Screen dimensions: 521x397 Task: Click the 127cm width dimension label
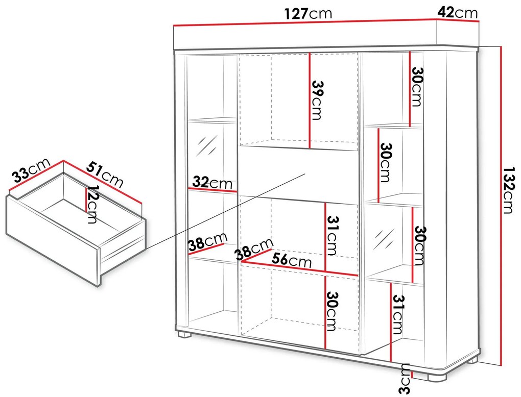pyautogui.click(x=308, y=14)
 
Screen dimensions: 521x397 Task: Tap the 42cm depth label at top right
pyautogui.click(x=457, y=13)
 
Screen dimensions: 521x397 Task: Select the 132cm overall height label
pyautogui.click(x=508, y=190)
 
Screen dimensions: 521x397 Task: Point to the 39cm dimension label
pyautogui.click(x=317, y=100)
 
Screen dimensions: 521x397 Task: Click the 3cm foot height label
pyautogui.click(x=405, y=379)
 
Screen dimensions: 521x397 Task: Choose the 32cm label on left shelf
pyautogui.click(x=212, y=182)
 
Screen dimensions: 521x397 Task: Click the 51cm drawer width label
pyautogui.click(x=105, y=175)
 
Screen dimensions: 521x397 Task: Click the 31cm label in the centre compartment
pyautogui.click(x=333, y=235)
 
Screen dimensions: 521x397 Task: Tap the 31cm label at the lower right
pyautogui.click(x=398, y=314)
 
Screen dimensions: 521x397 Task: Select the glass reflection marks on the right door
pyautogui.click(x=384, y=239)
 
